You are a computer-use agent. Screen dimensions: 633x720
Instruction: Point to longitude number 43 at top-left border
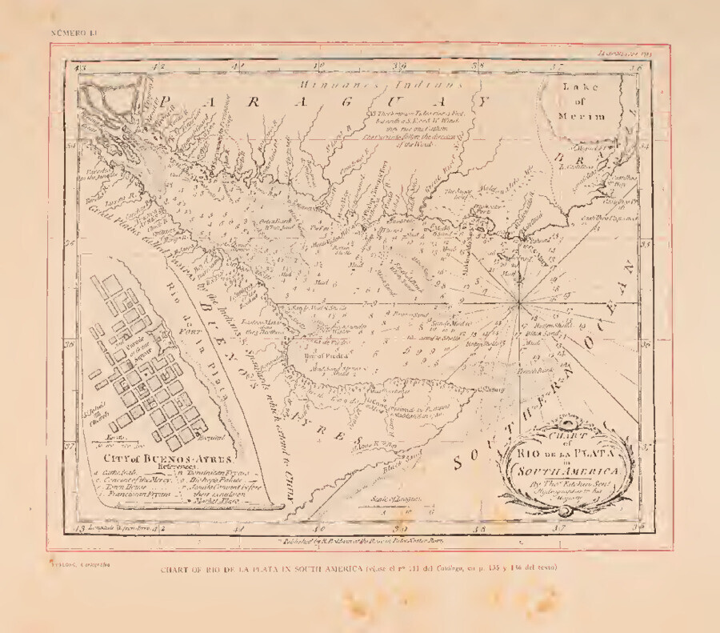pyautogui.click(x=79, y=68)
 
